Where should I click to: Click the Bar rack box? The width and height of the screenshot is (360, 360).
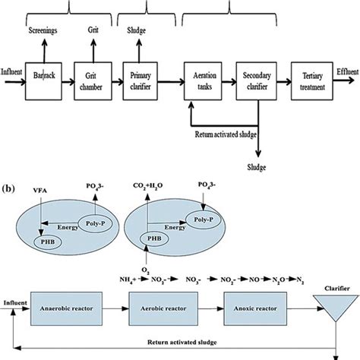tap(43, 81)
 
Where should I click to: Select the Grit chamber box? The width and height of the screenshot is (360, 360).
tap(93, 81)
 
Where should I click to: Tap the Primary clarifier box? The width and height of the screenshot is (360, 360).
tap(141, 81)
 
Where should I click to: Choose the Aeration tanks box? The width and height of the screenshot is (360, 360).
tap(203, 81)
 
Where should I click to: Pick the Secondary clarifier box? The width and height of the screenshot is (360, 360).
tap(256, 81)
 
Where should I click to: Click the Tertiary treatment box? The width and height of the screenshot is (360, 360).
tap(312, 81)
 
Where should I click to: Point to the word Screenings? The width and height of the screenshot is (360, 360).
tap(43, 30)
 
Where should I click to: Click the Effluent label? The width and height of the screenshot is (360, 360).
tap(348, 72)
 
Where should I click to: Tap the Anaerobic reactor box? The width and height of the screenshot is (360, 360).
tap(67, 308)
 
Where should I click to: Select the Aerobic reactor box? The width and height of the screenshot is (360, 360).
tap(163, 308)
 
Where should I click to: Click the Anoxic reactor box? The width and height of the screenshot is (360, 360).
tap(255, 308)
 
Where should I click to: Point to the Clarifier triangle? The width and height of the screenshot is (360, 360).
tap(336, 308)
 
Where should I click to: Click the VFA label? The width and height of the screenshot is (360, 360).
tap(40, 191)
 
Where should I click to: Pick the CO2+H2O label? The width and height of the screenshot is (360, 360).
tap(148, 186)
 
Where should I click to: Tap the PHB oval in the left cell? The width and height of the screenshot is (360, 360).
tap(48, 242)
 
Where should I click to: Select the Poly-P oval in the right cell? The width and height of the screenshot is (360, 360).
tap(204, 219)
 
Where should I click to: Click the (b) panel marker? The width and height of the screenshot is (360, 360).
tap(8, 188)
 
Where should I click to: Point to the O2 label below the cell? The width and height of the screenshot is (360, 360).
tap(146, 270)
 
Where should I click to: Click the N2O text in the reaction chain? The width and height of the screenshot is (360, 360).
tap(279, 279)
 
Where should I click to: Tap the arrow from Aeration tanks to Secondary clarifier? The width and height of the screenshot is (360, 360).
tap(229, 81)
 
